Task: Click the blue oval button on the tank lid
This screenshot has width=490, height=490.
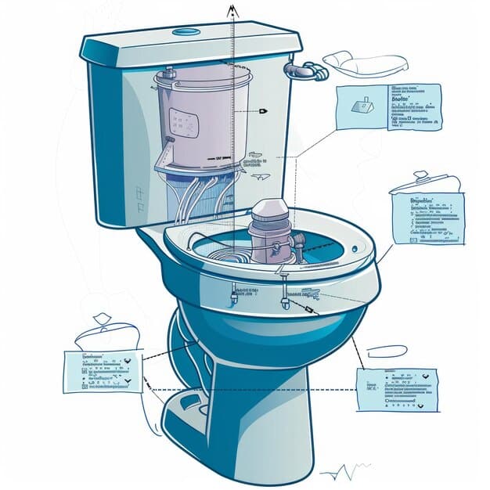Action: tap(187, 31)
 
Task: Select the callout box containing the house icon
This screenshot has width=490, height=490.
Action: tap(387, 108)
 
